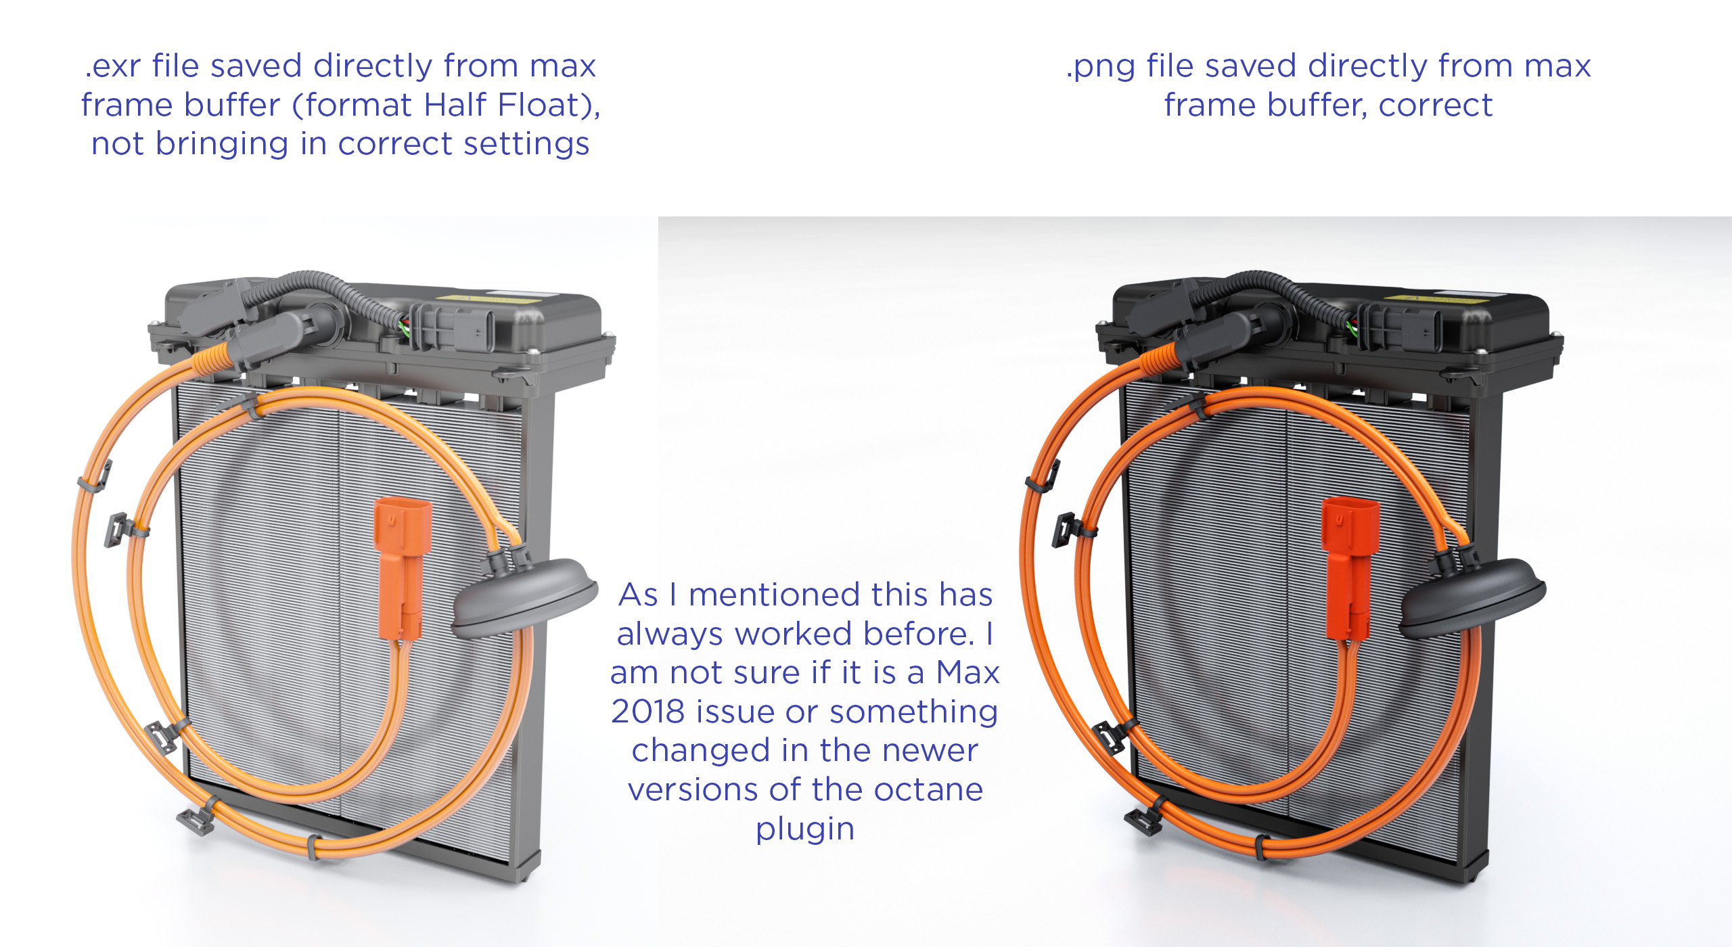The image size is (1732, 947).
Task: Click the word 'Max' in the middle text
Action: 967,673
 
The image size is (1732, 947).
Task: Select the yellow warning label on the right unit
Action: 1446,296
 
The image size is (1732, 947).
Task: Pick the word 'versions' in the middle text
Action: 702,790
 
